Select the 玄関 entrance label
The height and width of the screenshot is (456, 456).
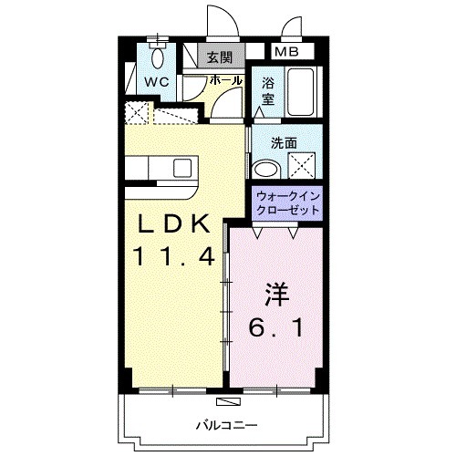[219, 57]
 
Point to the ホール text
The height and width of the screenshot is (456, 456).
[226, 80]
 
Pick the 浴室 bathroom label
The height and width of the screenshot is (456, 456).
[268, 91]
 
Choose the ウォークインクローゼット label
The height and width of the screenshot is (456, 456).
[288, 202]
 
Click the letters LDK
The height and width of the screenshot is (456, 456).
[176, 223]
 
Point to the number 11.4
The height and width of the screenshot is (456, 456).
[176, 258]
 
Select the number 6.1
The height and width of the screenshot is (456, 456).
[276, 326]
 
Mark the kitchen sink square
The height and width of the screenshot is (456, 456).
[183, 168]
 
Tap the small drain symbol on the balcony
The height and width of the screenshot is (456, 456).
[224, 400]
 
